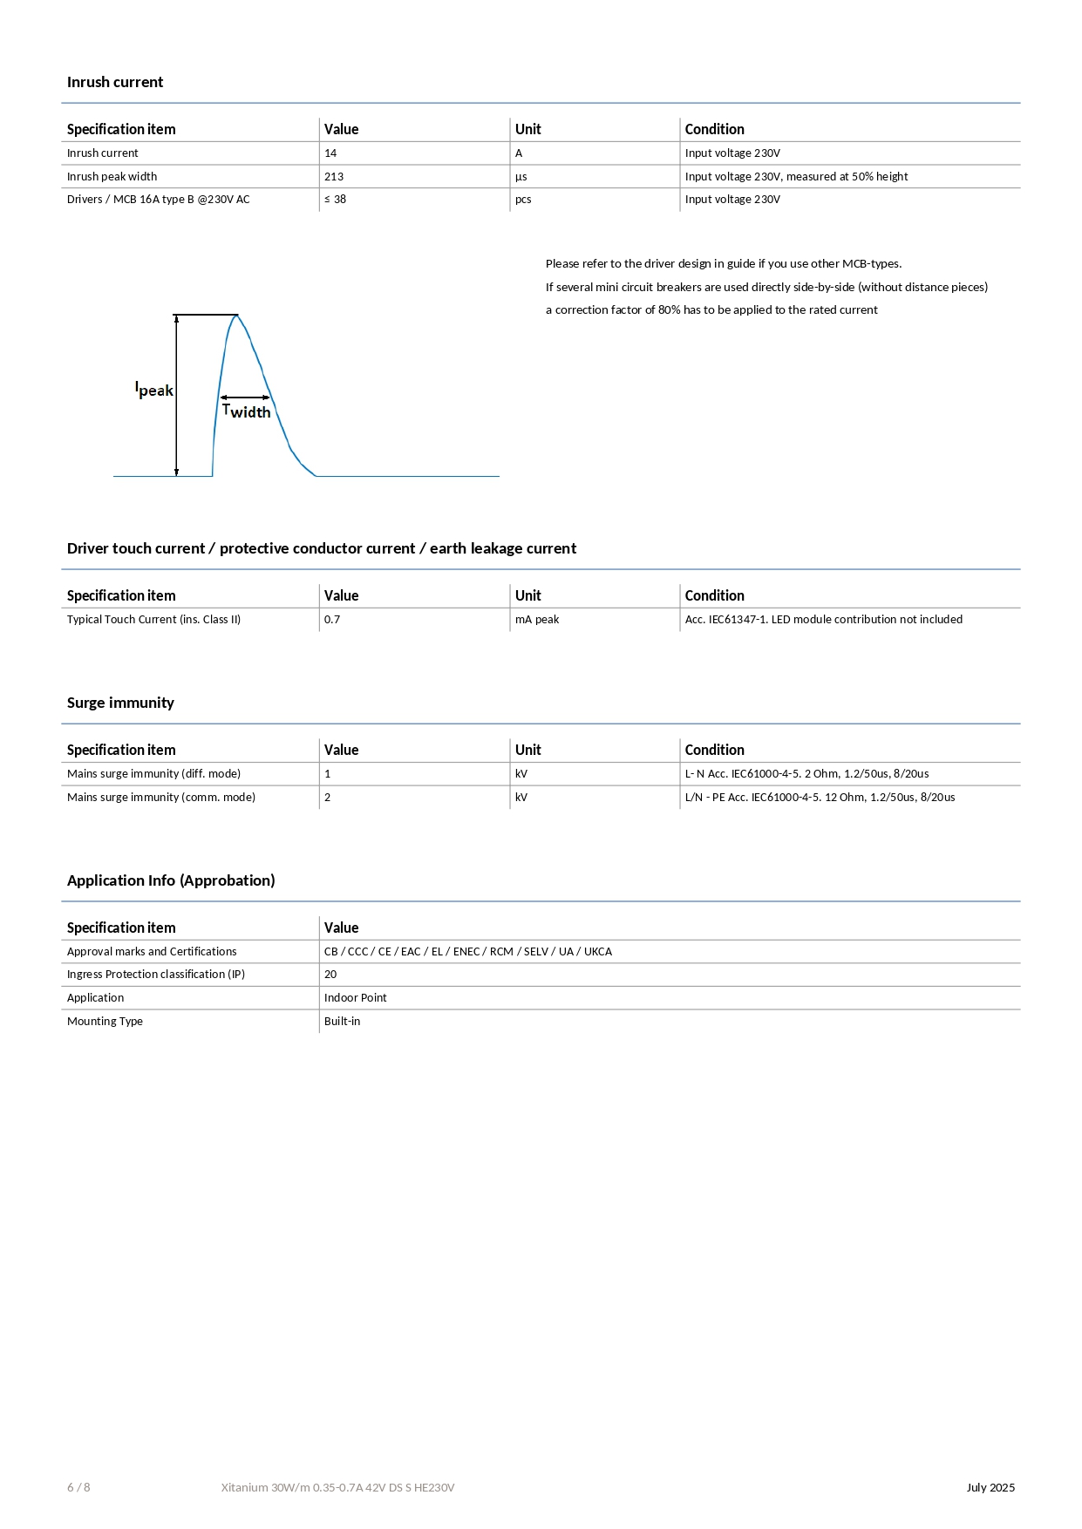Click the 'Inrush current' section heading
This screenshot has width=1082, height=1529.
click(115, 82)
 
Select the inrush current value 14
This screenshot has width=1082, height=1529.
click(330, 153)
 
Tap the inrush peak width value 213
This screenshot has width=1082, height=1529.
click(334, 177)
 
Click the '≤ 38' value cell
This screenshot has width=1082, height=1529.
click(336, 200)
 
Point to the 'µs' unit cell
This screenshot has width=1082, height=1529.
click(521, 177)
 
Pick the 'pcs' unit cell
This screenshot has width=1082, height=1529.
click(523, 200)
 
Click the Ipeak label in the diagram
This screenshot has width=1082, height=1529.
click(154, 390)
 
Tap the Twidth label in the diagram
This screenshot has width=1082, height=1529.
click(247, 411)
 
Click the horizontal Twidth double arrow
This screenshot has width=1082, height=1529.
click(246, 398)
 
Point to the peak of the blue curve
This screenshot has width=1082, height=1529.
click(236, 316)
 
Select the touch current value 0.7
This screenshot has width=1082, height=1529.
click(332, 620)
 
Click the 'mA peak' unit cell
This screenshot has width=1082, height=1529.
click(537, 620)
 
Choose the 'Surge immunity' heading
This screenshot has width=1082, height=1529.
click(120, 703)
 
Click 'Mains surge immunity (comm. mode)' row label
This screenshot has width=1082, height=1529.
click(161, 798)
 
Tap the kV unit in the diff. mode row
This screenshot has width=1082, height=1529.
click(521, 774)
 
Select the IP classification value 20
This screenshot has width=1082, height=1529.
click(330, 975)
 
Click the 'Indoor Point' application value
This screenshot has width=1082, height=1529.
click(356, 998)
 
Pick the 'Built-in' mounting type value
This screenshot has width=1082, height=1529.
click(342, 1022)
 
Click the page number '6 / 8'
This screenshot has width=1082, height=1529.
click(78, 1487)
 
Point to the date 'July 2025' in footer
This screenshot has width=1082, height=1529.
click(990, 1487)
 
